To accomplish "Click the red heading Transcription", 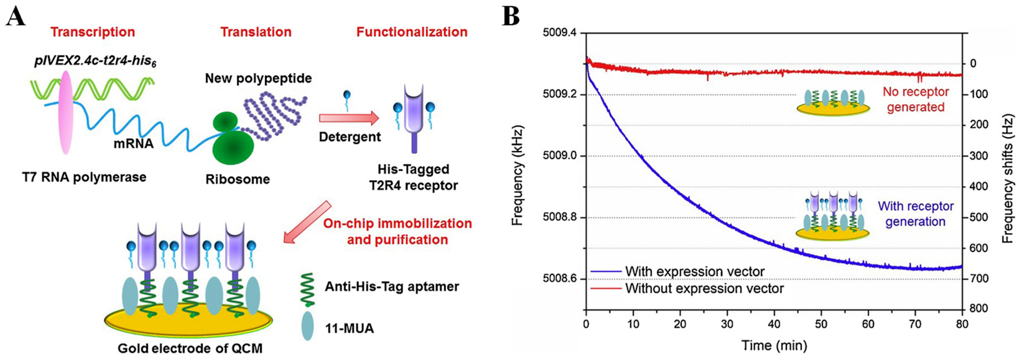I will (93, 32).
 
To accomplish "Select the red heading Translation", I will (256, 32).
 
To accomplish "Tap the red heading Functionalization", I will (412, 32).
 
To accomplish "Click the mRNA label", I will (133, 143).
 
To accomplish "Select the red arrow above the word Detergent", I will (348, 118).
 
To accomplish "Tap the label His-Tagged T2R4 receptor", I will (413, 177).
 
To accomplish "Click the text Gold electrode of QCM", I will (190, 348).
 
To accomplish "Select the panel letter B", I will (511, 16).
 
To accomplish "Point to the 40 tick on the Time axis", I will (774, 324).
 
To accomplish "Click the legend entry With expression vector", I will (695, 272).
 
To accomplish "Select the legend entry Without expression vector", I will (704, 288).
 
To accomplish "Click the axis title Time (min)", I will (774, 345).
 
